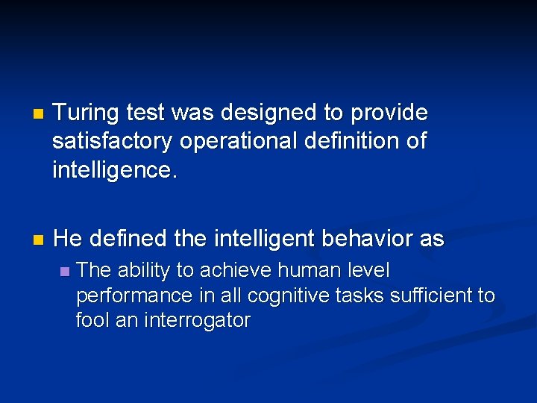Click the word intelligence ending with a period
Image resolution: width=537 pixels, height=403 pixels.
click(x=115, y=169)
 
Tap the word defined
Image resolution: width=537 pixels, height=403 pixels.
click(x=129, y=240)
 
